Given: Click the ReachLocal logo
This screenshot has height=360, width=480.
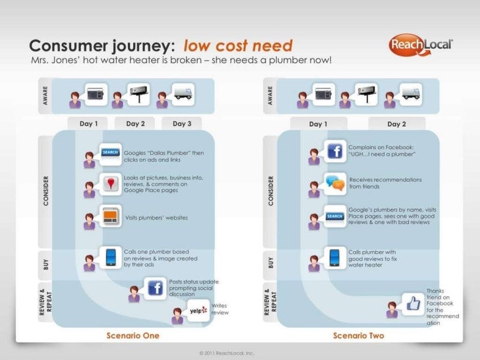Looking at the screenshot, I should click(420, 45).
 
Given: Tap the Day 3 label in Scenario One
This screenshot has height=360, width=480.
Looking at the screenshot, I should click(182, 123).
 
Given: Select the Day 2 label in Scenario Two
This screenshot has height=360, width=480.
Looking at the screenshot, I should click(397, 124).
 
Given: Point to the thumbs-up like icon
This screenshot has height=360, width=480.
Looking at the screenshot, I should click(413, 303).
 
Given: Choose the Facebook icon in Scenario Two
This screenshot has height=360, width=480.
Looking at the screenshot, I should click(334, 150).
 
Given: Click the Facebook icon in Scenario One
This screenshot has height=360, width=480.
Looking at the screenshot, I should click(155, 287).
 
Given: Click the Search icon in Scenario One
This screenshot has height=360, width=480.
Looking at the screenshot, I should click(110, 152).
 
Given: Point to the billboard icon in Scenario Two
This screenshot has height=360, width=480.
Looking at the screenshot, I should click(367, 92).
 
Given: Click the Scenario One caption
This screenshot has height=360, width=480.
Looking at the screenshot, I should click(133, 336).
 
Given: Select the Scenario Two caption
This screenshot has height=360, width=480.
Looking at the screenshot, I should click(359, 336).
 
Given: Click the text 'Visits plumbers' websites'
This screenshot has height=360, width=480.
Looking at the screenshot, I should click(156, 218).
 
